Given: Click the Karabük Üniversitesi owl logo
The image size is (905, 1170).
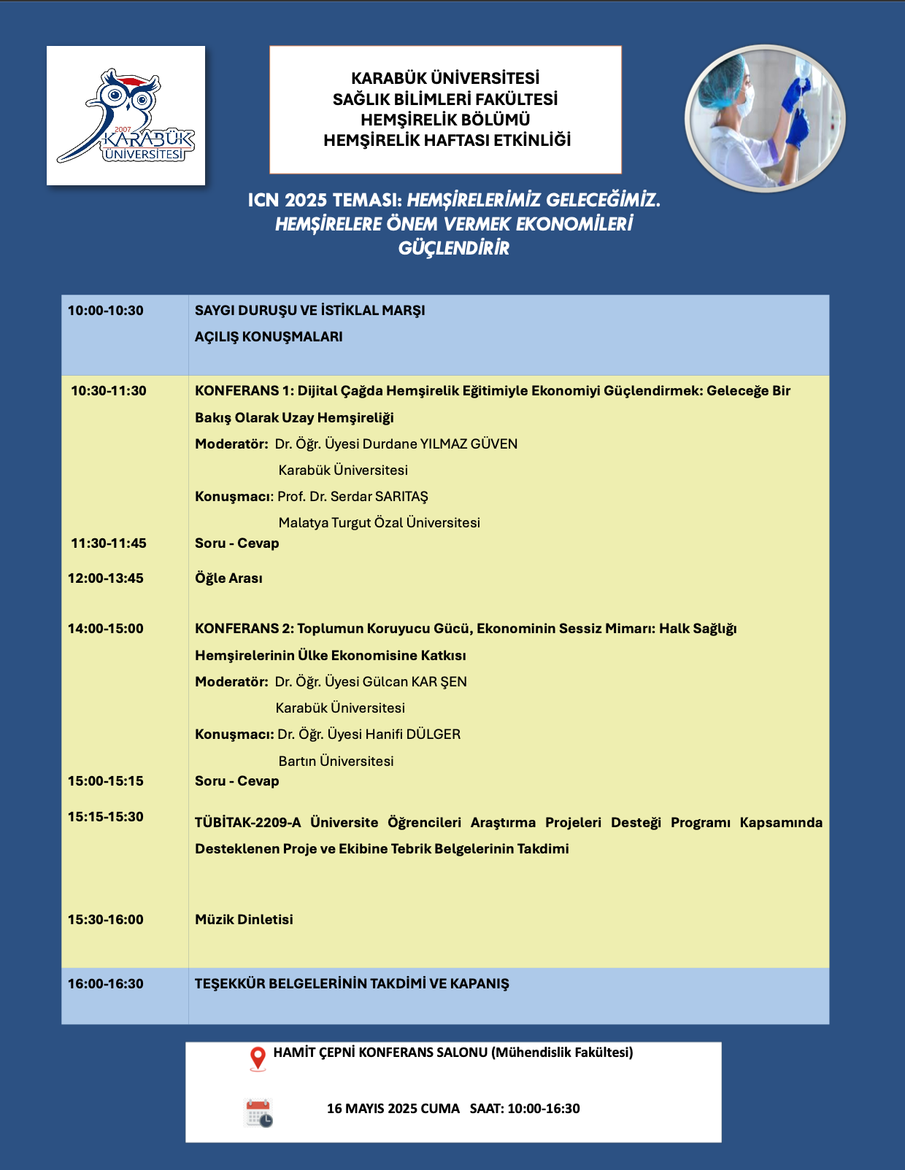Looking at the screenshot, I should [126, 115].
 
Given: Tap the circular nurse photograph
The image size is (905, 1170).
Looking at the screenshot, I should [765, 119].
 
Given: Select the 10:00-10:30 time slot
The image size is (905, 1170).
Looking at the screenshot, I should [106, 311].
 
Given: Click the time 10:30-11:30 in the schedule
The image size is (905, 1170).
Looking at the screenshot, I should [109, 391].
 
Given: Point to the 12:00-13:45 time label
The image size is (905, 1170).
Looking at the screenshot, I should [106, 578].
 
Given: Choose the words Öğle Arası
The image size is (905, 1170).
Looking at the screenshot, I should [228, 578].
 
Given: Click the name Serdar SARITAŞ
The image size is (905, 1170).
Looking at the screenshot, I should [380, 497].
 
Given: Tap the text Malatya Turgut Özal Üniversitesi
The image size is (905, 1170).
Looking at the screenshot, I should [380, 523].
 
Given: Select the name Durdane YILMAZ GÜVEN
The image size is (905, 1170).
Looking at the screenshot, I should [440, 444].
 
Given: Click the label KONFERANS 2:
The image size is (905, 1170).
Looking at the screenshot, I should [244, 629].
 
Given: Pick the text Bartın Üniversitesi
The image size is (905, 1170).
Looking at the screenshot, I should [336, 762].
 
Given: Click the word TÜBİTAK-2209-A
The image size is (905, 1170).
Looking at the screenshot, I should [247, 823].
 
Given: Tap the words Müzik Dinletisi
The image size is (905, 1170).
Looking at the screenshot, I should [244, 920].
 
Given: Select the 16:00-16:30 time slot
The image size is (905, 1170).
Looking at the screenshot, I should [106, 984].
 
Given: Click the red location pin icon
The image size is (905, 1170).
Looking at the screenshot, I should [258, 1058].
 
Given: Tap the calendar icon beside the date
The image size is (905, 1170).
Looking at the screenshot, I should [258, 1113].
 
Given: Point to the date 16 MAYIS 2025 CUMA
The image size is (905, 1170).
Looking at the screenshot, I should [393, 1109].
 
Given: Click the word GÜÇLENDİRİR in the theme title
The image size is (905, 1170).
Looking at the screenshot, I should [453, 249].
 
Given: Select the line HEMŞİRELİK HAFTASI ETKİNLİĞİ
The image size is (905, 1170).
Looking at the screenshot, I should [447, 140].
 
